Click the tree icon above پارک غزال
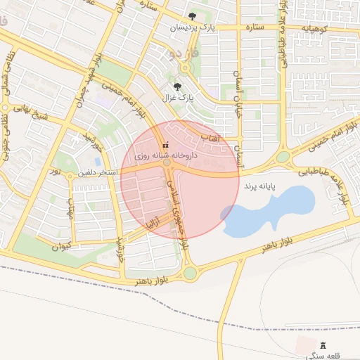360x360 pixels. (x=176, y=86)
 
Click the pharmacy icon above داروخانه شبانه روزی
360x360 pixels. (x=165, y=144)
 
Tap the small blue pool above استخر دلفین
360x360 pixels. (x=97, y=161)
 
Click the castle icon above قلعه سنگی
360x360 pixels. (x=323, y=345)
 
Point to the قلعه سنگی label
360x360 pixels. (x=323, y=355)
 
